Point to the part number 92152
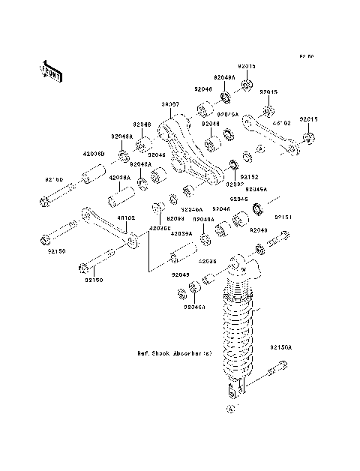(x=249, y=177)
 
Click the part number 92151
(x=283, y=217)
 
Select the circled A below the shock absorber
(x=231, y=409)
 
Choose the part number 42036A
(x=120, y=178)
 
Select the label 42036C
(x=159, y=227)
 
